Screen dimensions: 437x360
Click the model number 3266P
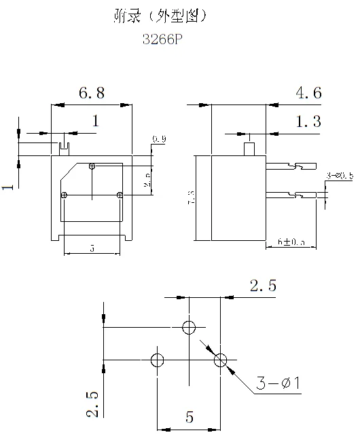click(x=163, y=40)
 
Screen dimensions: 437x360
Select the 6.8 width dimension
click(x=91, y=94)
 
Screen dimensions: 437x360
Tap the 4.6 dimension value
click(x=308, y=94)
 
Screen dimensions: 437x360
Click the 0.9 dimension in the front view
click(x=159, y=139)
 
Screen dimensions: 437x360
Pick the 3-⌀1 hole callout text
click(x=278, y=385)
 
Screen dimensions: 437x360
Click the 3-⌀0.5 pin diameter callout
click(x=340, y=176)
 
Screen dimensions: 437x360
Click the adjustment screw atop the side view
click(x=249, y=147)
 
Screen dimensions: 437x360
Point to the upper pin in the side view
click(x=292, y=166)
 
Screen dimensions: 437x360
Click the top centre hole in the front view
click(x=92, y=166)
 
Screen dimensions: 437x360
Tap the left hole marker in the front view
click(x=63, y=195)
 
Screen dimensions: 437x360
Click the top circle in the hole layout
click(x=189, y=328)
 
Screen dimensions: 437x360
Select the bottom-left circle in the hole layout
click(x=157, y=360)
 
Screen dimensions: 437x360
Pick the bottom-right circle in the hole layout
click(x=220, y=360)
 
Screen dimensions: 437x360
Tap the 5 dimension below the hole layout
click(x=189, y=417)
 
